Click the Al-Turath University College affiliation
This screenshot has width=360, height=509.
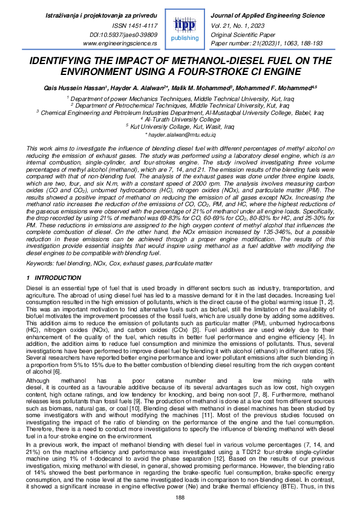pyautogui.click(x=180, y=119)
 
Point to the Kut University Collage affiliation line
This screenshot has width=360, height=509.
pyautogui.click(x=180, y=126)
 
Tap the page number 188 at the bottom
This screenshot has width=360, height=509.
pyautogui.click(x=180, y=497)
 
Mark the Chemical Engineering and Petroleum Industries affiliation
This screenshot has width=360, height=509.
pyautogui.click(x=180, y=112)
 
